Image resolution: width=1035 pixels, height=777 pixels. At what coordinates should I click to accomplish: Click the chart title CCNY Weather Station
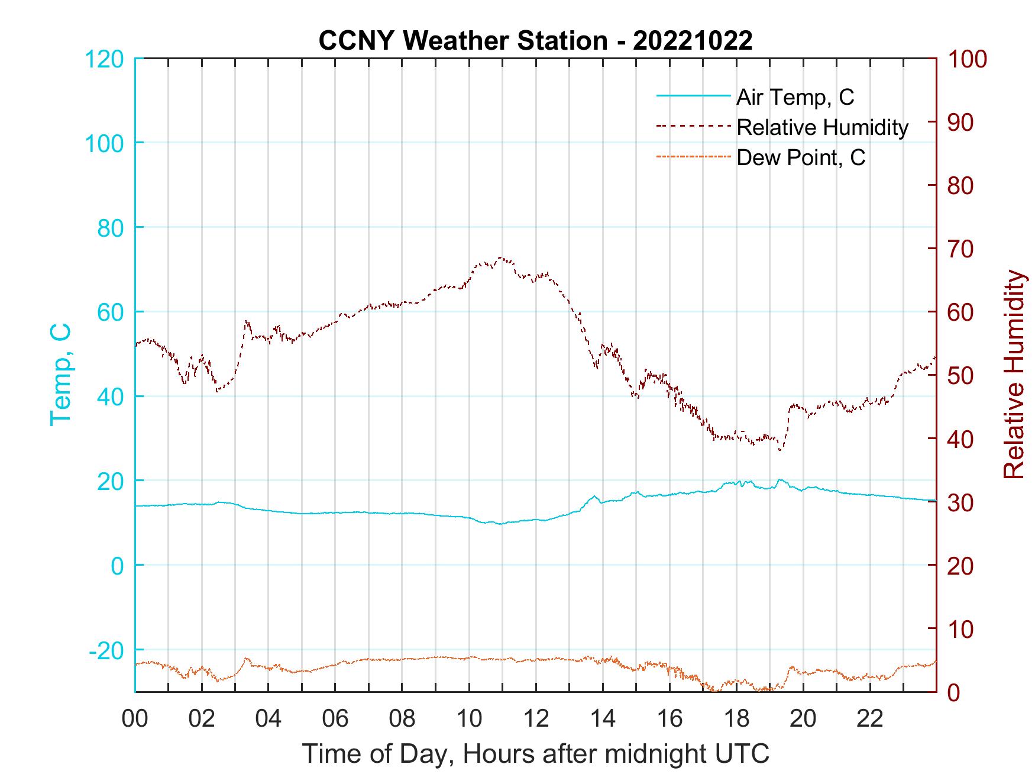535,41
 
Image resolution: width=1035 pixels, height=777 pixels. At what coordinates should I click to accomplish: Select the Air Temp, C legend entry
795,97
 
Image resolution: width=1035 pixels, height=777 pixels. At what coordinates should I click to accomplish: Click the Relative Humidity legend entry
822,127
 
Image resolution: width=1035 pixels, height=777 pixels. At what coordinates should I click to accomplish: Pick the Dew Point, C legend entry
801,157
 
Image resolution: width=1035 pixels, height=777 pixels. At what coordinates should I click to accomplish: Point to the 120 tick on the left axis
104,59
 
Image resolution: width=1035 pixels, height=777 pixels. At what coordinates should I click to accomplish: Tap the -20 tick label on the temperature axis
106,650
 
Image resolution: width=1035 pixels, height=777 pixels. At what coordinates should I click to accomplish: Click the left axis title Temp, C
60,375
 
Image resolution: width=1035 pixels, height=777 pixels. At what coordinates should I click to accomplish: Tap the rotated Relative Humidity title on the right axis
1014,375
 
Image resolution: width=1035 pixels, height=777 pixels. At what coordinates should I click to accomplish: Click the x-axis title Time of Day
535,754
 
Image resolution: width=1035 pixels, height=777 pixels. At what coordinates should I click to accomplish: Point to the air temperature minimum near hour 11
500,524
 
